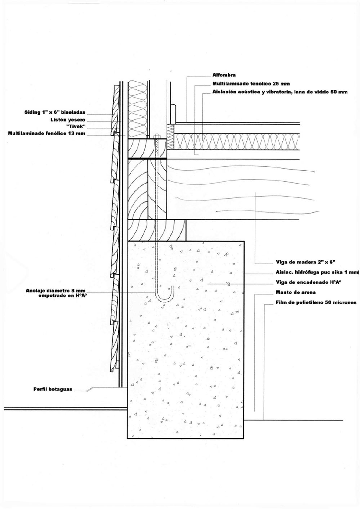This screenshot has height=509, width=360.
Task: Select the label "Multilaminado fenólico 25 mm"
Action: coord(251,84)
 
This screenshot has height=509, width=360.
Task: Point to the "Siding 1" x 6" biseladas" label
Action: coord(55,112)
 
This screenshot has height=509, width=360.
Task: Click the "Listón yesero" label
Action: coord(68,120)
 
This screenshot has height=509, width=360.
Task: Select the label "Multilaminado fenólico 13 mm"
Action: coord(47,133)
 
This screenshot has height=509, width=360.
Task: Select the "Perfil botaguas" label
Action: coord(53,389)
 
